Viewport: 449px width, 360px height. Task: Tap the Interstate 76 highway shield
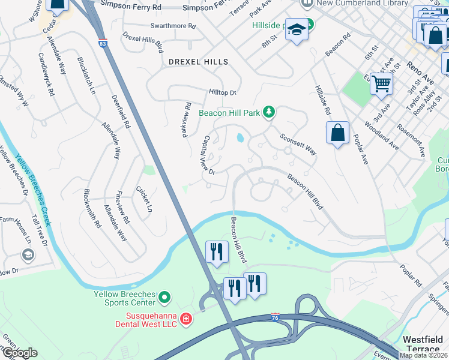[275, 316]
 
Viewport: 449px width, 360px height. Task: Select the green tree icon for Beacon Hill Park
[270, 112]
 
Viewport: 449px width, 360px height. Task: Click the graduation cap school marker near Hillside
[297, 29]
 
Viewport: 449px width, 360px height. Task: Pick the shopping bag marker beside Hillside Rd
[338, 133]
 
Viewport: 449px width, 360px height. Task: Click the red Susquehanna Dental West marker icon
[186, 318]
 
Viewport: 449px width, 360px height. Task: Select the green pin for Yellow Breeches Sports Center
[166, 296]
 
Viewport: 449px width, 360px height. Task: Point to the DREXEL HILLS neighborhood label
[198, 62]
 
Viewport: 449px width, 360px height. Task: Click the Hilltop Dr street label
[223, 92]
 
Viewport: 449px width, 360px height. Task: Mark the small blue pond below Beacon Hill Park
[240, 138]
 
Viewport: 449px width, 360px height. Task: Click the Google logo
[19, 353]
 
